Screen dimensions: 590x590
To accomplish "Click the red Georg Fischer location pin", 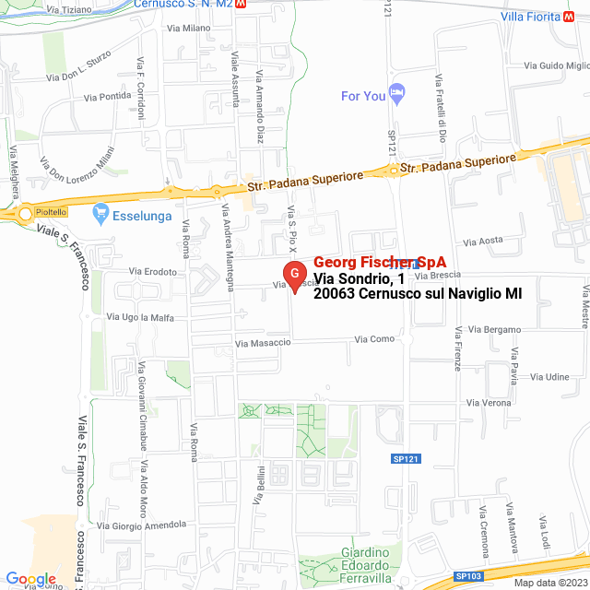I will click(294, 276).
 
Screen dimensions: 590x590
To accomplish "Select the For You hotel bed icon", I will click(397, 93).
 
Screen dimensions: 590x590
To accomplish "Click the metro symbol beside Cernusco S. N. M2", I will click(241, 4).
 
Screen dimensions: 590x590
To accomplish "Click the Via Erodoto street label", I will click(153, 271).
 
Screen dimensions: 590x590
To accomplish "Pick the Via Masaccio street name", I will click(263, 343).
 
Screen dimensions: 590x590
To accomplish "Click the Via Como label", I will click(375, 339).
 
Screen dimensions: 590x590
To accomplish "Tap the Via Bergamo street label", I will click(494, 329).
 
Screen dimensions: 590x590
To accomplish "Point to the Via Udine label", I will click(551, 377).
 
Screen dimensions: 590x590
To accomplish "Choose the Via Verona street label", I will click(489, 403).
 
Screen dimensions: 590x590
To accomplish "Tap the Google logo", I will click(30, 579).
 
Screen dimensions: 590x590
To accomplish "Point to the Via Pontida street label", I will click(107, 96).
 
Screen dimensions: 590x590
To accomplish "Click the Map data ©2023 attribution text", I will click(549, 583).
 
